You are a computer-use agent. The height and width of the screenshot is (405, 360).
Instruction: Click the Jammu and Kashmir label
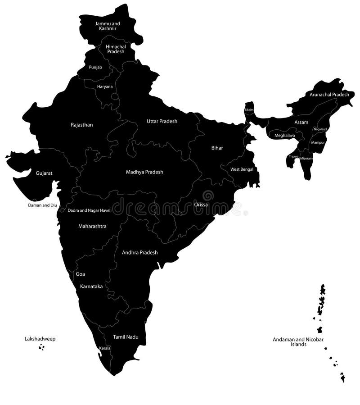point(108,26)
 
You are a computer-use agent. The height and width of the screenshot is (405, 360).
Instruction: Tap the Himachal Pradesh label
point(116,49)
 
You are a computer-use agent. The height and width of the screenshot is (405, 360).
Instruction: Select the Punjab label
point(95,67)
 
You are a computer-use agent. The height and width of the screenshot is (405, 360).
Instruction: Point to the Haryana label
point(105,86)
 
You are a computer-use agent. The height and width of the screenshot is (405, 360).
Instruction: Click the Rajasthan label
point(82,125)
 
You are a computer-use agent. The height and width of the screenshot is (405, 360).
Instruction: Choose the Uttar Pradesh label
point(162,121)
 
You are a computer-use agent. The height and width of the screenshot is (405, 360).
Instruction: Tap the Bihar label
point(217,148)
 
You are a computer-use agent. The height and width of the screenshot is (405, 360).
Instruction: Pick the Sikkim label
point(249,110)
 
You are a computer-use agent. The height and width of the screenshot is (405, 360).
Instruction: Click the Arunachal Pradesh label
point(329,95)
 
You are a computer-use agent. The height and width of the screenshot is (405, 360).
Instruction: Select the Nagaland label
point(320,129)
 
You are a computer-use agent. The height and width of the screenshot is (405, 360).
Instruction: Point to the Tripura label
point(293,156)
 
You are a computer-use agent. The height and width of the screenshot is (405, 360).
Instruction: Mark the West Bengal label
point(242,169)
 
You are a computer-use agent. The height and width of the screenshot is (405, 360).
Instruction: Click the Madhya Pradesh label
point(144,172)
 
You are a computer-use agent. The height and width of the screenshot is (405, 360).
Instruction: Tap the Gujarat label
point(44,173)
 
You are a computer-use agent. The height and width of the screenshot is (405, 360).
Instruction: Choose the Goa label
point(81,274)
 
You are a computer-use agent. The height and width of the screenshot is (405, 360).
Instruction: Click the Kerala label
point(105,348)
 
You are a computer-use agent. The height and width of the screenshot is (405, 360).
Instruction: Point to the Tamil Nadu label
point(126,337)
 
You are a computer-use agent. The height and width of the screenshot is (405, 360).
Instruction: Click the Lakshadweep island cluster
point(41,347)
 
